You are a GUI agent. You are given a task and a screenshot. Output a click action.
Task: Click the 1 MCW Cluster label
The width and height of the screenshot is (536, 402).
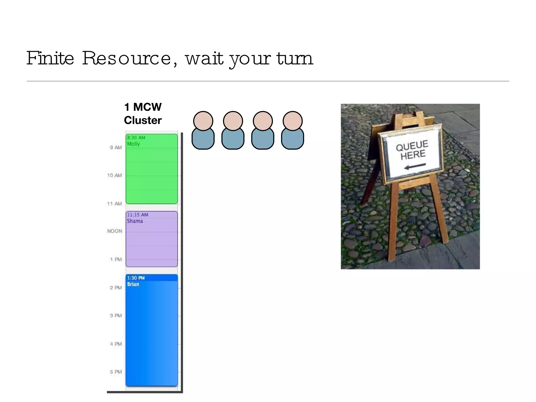pyautogui.click(x=143, y=114)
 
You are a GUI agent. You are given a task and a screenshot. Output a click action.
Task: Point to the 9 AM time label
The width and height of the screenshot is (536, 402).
pyautogui.click(x=116, y=148)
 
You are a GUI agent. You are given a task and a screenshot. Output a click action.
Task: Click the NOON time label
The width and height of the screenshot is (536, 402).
pyautogui.click(x=115, y=231)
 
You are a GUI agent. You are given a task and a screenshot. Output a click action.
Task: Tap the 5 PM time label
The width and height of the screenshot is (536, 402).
pyautogui.click(x=116, y=372)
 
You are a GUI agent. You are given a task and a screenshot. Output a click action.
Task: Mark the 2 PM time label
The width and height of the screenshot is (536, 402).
pyautogui.click(x=116, y=288)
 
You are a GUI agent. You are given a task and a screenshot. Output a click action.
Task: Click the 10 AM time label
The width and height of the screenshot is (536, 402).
pyautogui.click(x=115, y=175)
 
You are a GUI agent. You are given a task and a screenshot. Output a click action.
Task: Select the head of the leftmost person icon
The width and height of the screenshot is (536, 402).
pyautogui.click(x=203, y=121)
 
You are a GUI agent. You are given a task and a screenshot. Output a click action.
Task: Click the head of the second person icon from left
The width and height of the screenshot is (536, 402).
pyautogui.click(x=233, y=121)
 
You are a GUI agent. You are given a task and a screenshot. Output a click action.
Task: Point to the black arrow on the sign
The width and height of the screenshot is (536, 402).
pyautogui.click(x=415, y=166)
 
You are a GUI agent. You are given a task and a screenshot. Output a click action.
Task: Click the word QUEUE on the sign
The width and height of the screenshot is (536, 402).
pyautogui.click(x=412, y=146)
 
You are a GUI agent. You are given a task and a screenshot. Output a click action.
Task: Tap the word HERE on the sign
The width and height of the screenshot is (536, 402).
pyautogui.click(x=413, y=155)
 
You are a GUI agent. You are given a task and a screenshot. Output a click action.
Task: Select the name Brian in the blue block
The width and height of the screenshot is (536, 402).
pyautogui.click(x=133, y=284)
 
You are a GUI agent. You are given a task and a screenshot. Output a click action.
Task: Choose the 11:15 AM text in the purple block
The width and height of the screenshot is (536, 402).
pyautogui.click(x=138, y=215)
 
